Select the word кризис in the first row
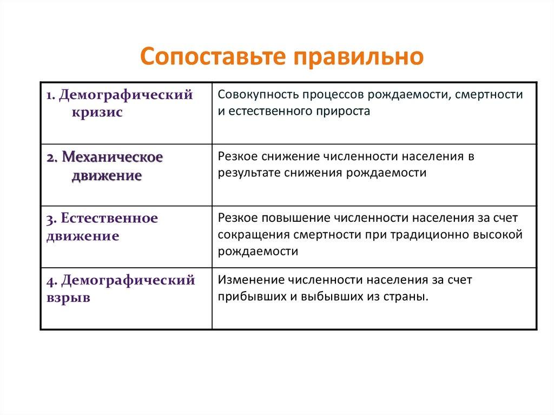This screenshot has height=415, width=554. coord(96,112)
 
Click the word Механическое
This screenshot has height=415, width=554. coord(113,157)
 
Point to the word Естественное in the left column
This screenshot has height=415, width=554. coord(110,219)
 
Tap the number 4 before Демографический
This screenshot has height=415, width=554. coord(49,281)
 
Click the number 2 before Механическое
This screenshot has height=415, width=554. coord(49,158)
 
